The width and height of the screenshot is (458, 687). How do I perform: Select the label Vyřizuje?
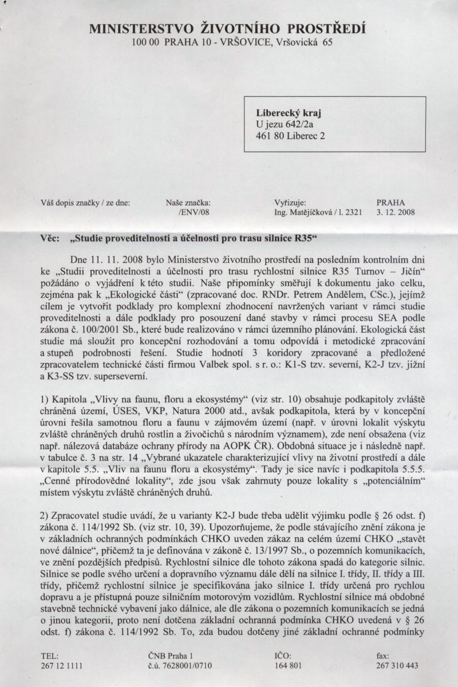click(290, 202)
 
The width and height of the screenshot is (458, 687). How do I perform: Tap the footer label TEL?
click(50, 656)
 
